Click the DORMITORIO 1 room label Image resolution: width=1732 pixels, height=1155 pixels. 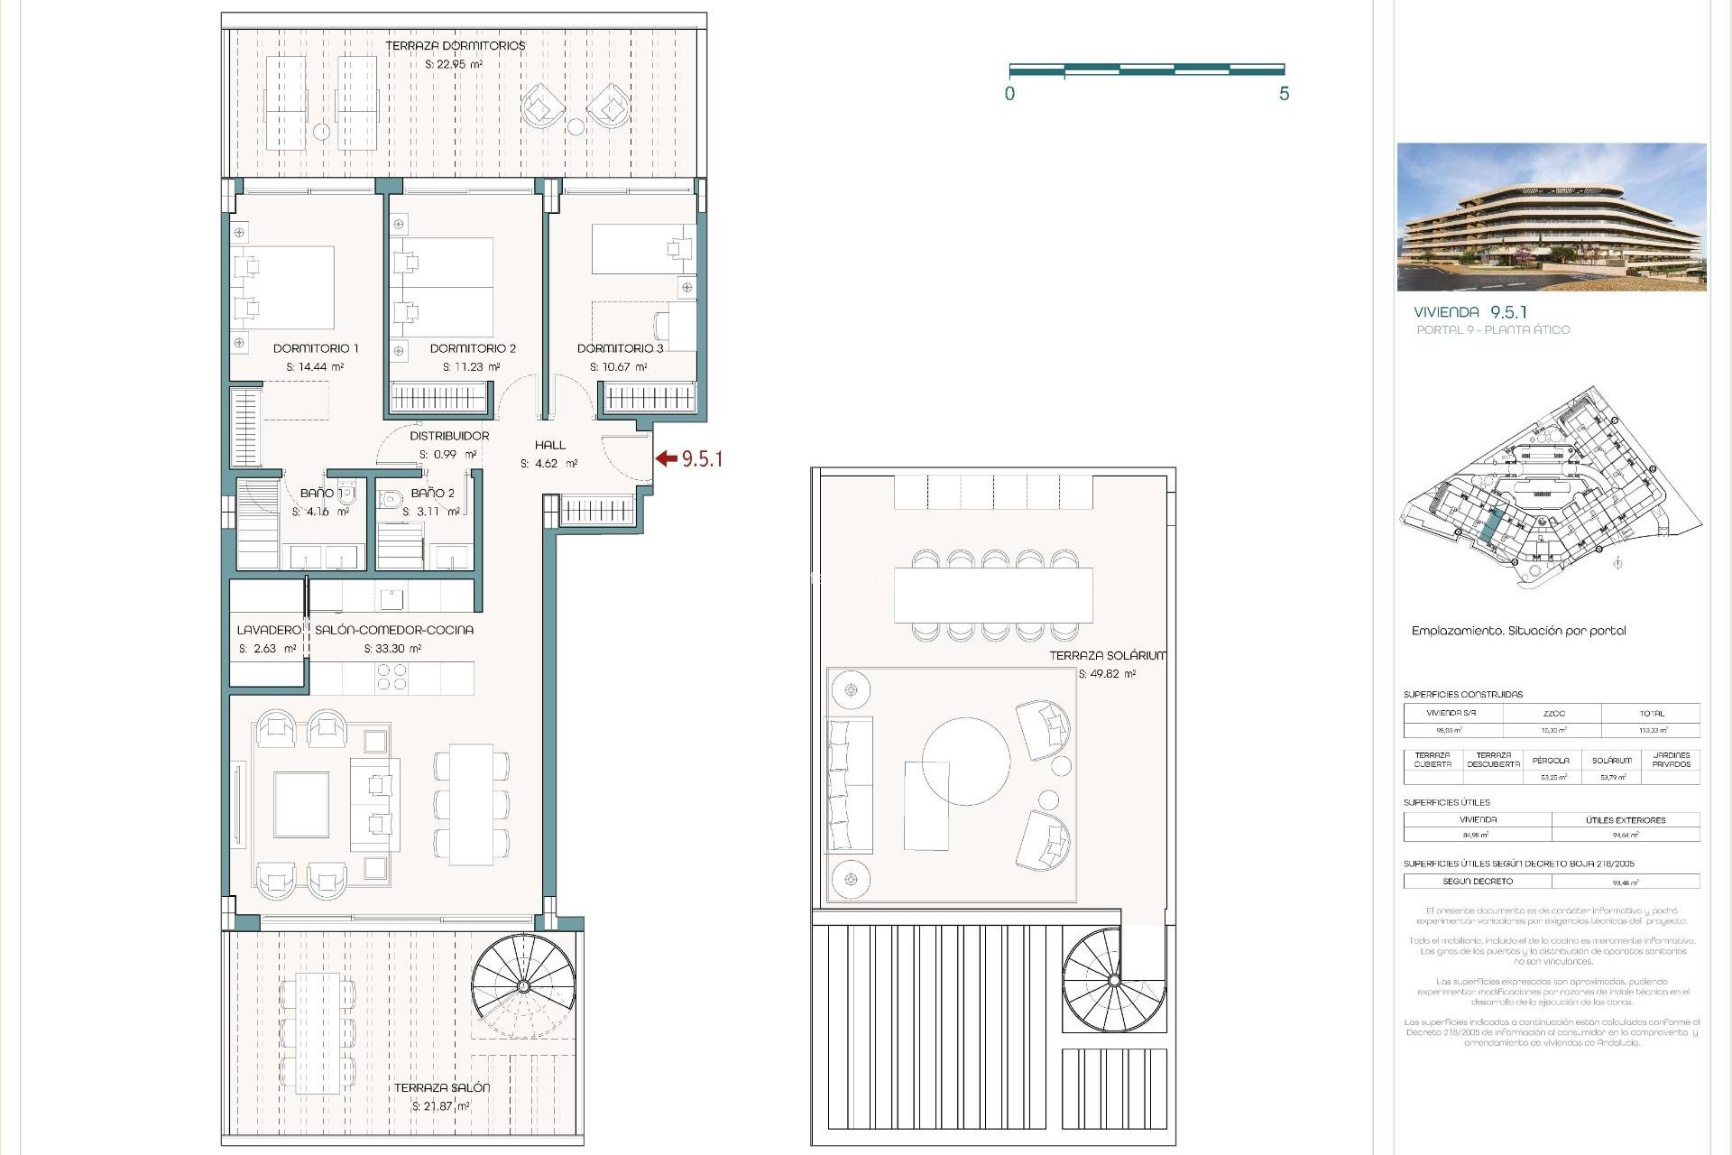[x=316, y=348]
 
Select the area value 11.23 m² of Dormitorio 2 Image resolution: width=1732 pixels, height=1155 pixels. [x=471, y=367]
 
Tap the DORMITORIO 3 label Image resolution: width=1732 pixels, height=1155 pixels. [x=620, y=348]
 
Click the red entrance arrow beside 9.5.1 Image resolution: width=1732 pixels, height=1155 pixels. [x=666, y=458]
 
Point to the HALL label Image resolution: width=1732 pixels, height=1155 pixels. [x=549, y=445]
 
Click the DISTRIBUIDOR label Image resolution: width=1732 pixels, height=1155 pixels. [x=449, y=436]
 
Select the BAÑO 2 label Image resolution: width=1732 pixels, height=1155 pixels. [x=432, y=494]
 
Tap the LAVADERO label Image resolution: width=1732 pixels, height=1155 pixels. [x=268, y=630]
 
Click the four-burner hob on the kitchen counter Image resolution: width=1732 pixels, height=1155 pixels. [x=392, y=677]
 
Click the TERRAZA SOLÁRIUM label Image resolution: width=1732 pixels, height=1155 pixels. [x=1107, y=656]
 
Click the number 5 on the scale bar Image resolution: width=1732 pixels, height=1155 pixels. [x=1284, y=94]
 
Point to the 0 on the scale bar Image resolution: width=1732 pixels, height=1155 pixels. [x=1009, y=94]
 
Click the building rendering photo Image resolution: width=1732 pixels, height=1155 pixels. [x=1551, y=217]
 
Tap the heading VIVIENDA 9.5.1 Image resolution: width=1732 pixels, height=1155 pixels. [x=1470, y=312]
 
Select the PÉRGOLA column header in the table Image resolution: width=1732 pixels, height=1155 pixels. [x=1550, y=761]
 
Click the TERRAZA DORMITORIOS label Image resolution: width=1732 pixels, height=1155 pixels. [x=455, y=46]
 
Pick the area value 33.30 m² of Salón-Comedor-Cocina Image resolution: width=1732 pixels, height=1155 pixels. [x=392, y=649]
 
